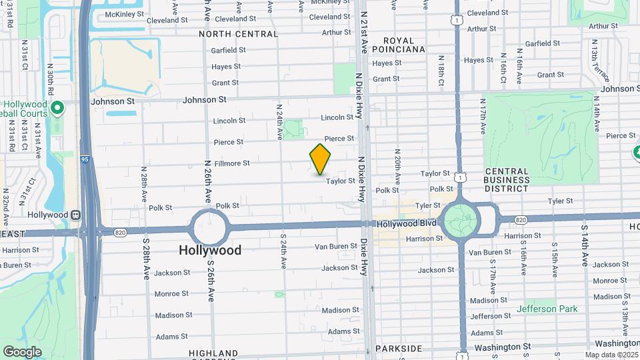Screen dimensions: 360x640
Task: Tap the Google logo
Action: click(x=22, y=352)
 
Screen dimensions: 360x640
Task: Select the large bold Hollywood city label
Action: click(x=210, y=251)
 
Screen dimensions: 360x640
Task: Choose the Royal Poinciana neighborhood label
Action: click(x=399, y=43)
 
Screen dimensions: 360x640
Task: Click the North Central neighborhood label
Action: click(x=238, y=34)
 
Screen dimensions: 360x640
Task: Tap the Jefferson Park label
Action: click(x=547, y=309)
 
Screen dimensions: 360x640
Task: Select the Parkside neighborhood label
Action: click(x=399, y=349)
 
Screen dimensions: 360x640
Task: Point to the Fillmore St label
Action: click(x=232, y=163)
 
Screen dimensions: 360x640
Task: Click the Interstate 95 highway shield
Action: click(x=85, y=159)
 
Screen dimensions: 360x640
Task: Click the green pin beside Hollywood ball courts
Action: click(x=57, y=107)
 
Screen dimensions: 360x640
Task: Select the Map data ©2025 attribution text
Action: click(x=611, y=355)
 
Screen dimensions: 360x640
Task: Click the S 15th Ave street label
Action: click(x=554, y=260)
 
